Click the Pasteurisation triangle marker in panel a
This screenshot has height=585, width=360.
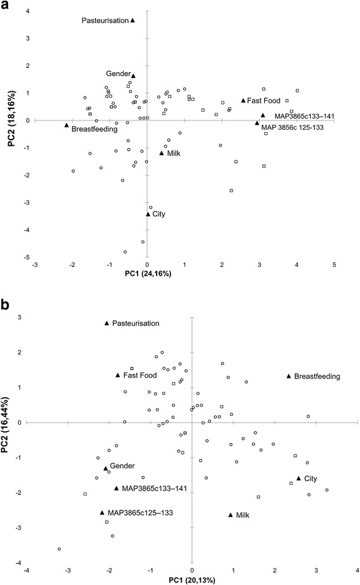[x=133, y=20]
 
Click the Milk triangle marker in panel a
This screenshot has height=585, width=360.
[x=162, y=153]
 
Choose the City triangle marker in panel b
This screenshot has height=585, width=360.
[x=299, y=479]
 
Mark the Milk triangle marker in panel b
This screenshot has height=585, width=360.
[x=231, y=515]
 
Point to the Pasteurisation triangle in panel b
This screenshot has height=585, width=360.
[x=106, y=323]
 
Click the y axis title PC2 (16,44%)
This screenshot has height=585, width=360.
[x=10, y=421]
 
